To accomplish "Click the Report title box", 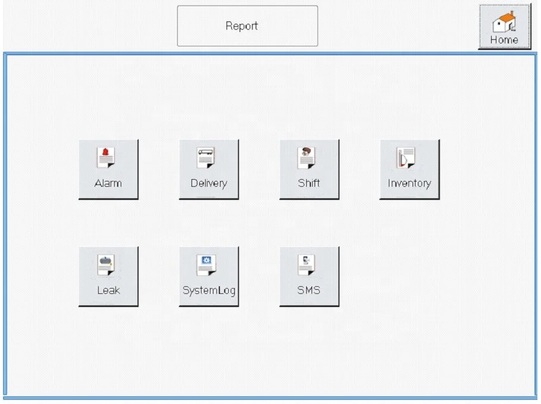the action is (247, 26).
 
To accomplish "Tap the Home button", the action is (504, 27).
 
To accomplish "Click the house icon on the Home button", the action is (504, 21).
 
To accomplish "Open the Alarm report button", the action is (108, 169).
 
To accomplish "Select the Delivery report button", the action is (209, 169).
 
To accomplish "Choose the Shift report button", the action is (309, 169).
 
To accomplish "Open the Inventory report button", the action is (410, 169).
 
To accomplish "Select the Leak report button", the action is (108, 276).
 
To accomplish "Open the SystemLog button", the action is (209, 276).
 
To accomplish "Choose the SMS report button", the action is (309, 276).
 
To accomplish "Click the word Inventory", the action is (410, 183).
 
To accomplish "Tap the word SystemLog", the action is (209, 290).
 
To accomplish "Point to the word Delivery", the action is (209, 183).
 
